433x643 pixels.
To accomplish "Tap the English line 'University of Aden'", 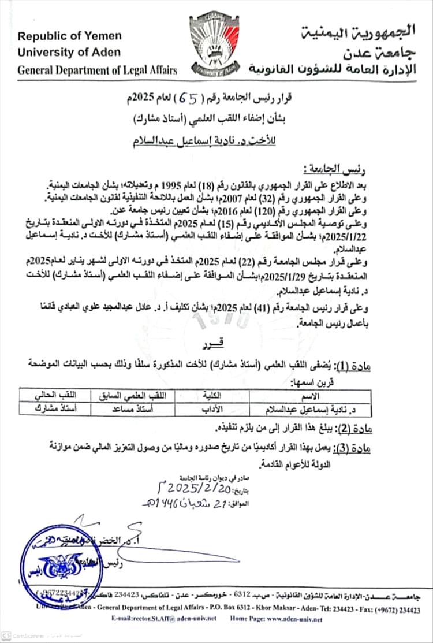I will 69,52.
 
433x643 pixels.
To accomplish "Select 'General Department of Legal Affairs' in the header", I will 98,70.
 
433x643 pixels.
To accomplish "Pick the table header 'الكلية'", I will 212,396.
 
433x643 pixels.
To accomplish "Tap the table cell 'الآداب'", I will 212,408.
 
